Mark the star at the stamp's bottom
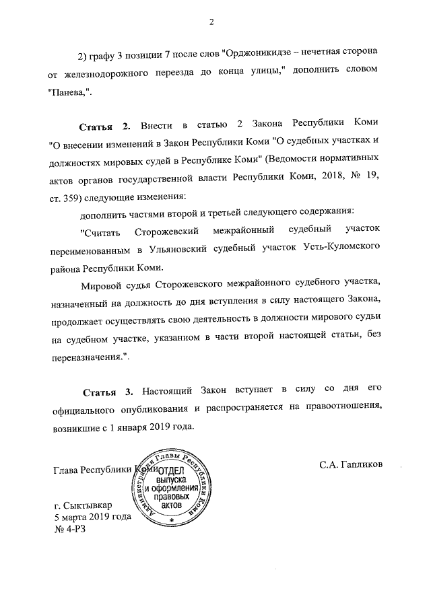click(172, 520)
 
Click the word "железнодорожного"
click(109, 71)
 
